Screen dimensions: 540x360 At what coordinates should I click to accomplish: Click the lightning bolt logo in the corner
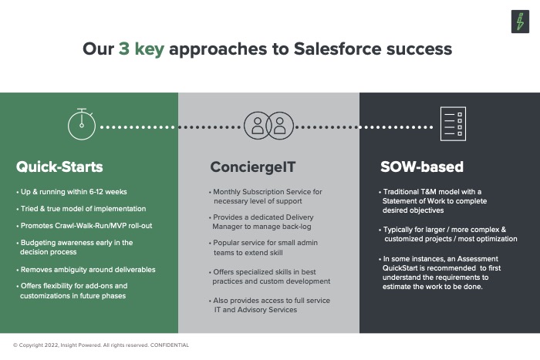coord(520,22)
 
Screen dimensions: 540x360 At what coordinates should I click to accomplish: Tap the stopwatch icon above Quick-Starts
coord(82,124)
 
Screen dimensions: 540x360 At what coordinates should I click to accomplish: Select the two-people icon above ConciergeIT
coord(268,126)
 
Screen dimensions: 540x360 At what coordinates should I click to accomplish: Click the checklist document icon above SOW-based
coord(453,124)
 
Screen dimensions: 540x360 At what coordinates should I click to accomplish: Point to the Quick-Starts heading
coord(59,167)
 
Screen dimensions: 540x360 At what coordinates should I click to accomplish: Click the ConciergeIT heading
coord(253,167)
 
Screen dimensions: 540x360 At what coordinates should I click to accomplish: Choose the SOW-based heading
coord(422,167)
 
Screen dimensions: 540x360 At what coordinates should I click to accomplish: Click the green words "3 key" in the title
coord(141,49)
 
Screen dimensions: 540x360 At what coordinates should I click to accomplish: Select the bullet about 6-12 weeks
coord(72,192)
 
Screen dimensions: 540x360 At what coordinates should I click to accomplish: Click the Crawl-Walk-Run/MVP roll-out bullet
coord(84,226)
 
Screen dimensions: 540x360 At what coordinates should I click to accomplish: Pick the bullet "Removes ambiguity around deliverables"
coord(86,270)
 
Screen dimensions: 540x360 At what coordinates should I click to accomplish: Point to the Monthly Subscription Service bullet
coord(265,196)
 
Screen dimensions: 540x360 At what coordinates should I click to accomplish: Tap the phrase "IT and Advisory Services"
coord(255,310)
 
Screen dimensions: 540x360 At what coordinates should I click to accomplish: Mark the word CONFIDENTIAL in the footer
coord(170,345)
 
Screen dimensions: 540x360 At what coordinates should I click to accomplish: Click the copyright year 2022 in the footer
coord(52,345)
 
